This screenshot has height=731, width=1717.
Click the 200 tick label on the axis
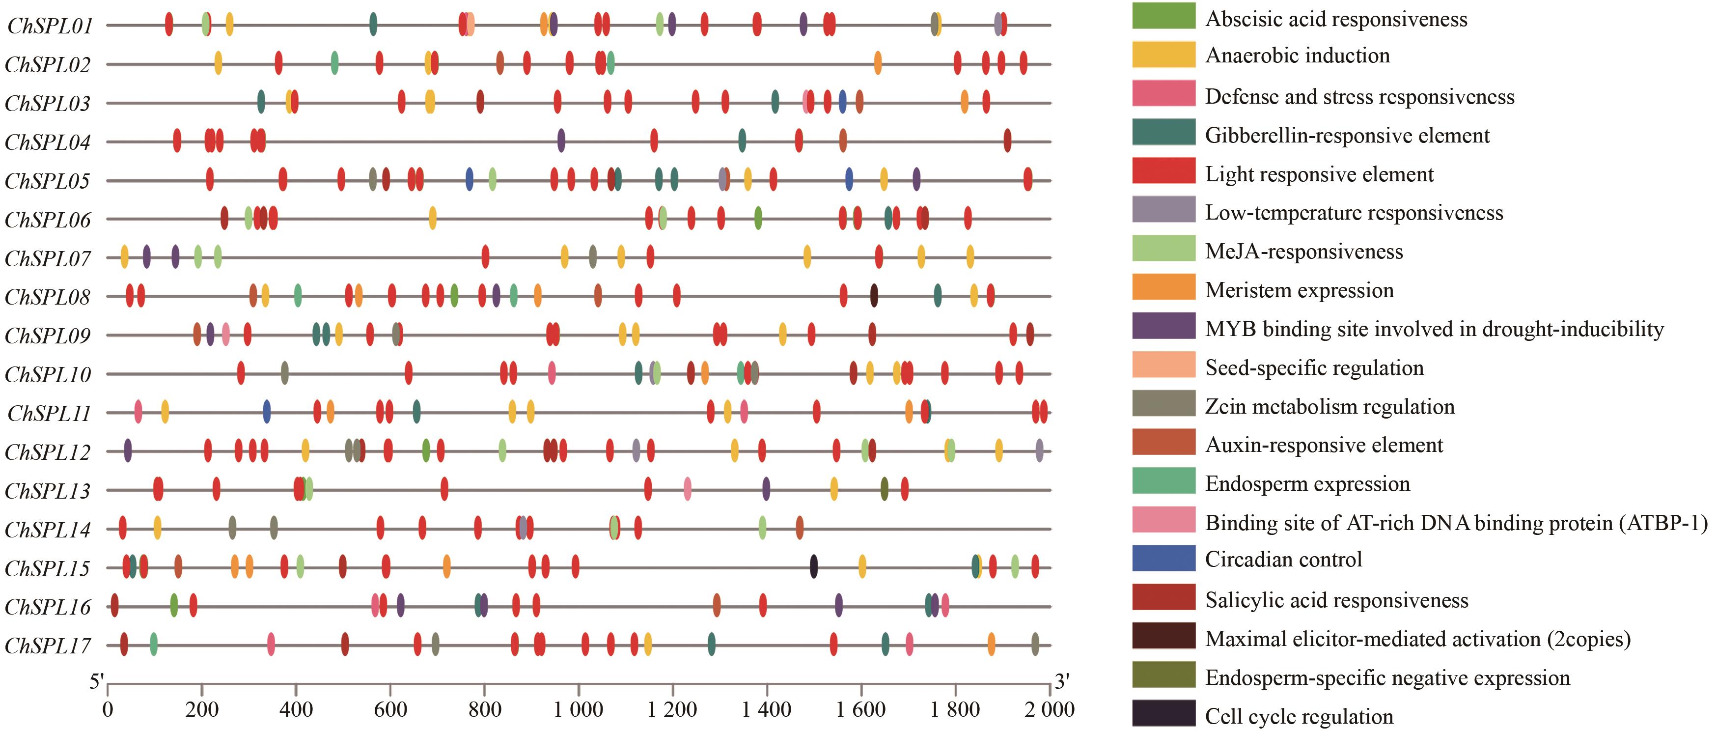pyautogui.click(x=201, y=709)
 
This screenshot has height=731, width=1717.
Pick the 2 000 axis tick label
pyautogui.click(x=1049, y=709)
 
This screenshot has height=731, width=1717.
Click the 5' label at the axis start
pyautogui.click(x=97, y=682)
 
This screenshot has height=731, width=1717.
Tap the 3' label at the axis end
pyautogui.click(x=1062, y=682)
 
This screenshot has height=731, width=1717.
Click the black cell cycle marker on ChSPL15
pyautogui.click(x=814, y=567)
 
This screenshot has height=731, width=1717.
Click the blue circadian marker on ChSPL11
pyautogui.click(x=267, y=412)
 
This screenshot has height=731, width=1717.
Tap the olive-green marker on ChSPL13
pyautogui.click(x=885, y=490)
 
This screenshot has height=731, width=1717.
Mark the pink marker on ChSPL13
pyautogui.click(x=687, y=490)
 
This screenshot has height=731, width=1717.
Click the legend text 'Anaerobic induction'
pyautogui.click(x=1297, y=56)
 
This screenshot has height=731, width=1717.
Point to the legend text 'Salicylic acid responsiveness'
pyautogui.click(x=1336, y=600)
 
